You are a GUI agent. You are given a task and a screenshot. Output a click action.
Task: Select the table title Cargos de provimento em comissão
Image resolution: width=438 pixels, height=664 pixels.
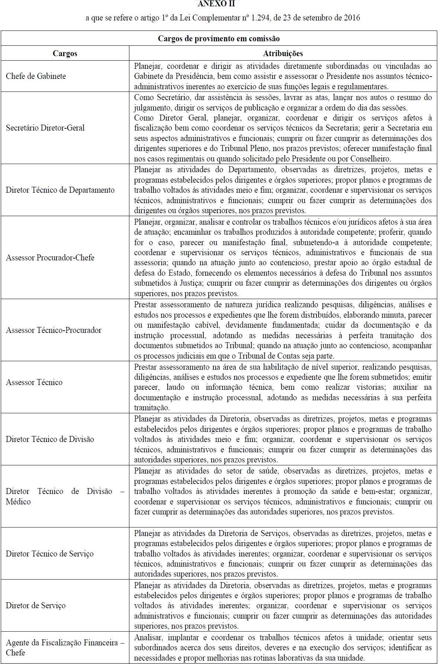219,39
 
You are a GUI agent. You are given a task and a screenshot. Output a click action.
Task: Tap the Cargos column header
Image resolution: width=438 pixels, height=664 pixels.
65,53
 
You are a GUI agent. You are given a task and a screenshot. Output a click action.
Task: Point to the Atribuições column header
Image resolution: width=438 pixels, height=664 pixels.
283,53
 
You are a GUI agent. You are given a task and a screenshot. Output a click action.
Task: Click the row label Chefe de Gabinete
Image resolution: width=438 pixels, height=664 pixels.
36,76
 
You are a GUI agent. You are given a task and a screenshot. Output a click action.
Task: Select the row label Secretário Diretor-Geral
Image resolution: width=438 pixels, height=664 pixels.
45,128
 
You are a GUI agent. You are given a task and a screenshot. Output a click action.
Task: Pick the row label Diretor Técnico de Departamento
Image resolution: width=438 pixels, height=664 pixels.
60,190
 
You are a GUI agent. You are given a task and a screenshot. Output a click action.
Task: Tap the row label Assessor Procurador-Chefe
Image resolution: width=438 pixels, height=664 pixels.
50,257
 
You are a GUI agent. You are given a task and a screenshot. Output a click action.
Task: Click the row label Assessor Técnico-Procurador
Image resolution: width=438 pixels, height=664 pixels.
54,330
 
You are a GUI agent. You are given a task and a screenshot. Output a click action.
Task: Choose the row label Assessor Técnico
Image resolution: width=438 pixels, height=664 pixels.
34,382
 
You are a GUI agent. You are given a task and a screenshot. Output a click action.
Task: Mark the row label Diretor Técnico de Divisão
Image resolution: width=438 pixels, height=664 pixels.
50,439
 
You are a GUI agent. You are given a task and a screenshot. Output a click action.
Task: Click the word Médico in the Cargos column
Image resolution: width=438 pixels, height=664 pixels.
18,501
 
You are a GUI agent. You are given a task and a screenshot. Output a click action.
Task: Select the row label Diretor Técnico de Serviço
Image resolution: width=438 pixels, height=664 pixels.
50,554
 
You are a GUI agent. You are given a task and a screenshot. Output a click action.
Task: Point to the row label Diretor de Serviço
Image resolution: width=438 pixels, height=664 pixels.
36,605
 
